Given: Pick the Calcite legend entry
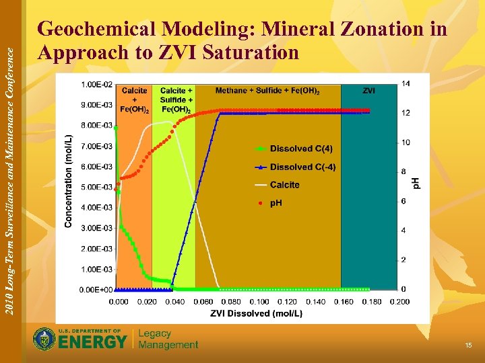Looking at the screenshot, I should [x=284, y=185].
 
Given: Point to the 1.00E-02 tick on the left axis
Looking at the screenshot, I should [x=97, y=84].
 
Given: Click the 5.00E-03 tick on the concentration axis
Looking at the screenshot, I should [x=97, y=187].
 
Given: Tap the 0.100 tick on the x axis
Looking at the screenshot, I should [x=259, y=302].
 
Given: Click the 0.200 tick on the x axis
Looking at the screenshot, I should [x=399, y=302].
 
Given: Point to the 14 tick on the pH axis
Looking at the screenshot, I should [x=406, y=83].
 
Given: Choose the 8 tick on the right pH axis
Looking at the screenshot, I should [x=404, y=172].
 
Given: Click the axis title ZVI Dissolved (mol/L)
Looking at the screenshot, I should [x=256, y=313].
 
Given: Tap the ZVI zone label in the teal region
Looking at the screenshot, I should [x=369, y=90].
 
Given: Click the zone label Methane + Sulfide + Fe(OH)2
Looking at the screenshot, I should [x=267, y=91].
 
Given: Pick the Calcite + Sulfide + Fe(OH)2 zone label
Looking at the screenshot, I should [x=176, y=99].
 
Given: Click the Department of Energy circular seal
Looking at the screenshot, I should [x=44, y=339].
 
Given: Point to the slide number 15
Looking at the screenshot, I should [x=468, y=345].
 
